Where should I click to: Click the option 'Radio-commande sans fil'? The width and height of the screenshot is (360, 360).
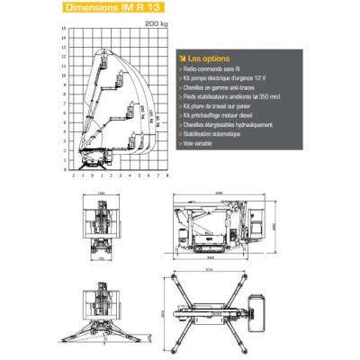pos(211,68)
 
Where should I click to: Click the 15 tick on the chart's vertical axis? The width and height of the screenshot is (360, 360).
pos(63,28)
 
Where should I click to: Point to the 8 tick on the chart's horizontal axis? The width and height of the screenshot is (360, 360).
pos(149,176)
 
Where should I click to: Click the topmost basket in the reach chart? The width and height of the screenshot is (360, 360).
pos(107,61)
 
